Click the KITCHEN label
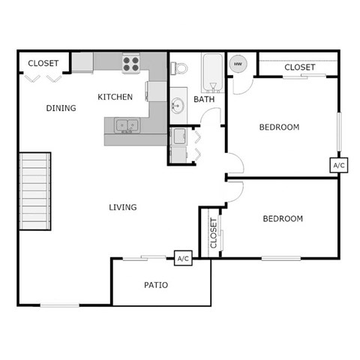115,97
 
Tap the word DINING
61,108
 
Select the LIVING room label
122,207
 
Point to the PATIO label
155,285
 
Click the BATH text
204,99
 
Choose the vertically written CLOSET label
213,232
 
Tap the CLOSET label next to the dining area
43,63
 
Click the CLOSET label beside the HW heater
299,67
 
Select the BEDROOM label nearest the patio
282,219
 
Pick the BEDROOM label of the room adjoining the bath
279,127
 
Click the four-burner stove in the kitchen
131,64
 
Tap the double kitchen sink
124,125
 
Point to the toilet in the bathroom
178,67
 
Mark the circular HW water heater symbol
238,64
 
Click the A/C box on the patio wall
183,259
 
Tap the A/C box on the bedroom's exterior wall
338,165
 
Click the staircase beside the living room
34,191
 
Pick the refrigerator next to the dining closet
82,62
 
